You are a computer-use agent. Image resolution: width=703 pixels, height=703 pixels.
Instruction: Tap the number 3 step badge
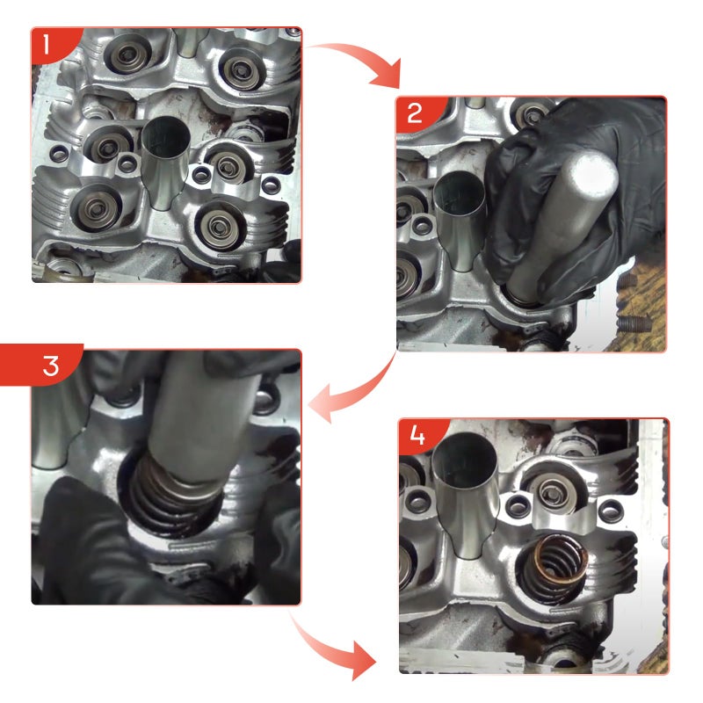pyautogui.click(x=45, y=365)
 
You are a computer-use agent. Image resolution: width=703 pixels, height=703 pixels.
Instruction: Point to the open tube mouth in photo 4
pyautogui.click(x=465, y=462)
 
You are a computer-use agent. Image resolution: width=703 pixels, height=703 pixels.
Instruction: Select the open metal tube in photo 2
pyautogui.click(x=460, y=220)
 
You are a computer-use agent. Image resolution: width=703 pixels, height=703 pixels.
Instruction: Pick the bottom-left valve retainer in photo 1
pyautogui.click(x=96, y=207)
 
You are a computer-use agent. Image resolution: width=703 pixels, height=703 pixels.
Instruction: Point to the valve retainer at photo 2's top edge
pyautogui.click(x=533, y=113)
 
